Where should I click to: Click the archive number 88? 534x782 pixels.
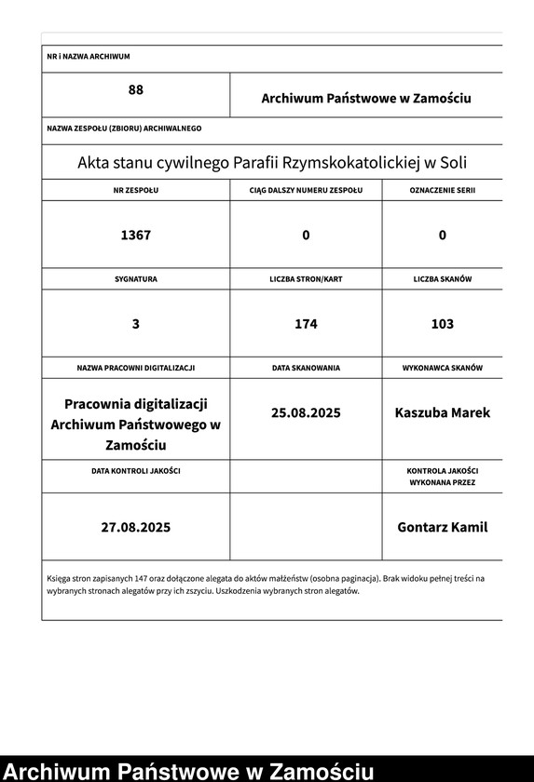(x=136, y=90)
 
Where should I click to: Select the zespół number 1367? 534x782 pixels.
(x=135, y=235)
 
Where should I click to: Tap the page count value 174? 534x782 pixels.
(x=306, y=324)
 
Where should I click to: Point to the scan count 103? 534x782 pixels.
(x=443, y=324)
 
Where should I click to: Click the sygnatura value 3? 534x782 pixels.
(x=136, y=324)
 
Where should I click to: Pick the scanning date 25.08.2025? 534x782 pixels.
(x=306, y=412)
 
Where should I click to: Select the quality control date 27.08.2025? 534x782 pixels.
(x=136, y=527)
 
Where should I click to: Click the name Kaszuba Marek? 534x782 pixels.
(x=443, y=412)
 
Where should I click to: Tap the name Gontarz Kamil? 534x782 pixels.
(x=443, y=527)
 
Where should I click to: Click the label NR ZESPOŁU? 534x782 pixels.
(x=136, y=190)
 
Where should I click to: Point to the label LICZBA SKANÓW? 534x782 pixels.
(x=443, y=279)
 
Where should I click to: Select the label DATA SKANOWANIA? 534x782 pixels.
(x=306, y=368)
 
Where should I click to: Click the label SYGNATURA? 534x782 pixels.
(x=136, y=279)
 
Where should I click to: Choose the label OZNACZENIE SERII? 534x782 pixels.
(x=443, y=190)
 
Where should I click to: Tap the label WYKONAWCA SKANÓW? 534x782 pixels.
(x=443, y=368)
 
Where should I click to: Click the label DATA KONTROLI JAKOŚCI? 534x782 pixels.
(x=136, y=471)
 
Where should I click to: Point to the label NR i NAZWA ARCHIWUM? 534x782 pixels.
(x=89, y=57)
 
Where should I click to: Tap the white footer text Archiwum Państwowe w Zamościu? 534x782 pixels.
(x=189, y=771)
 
